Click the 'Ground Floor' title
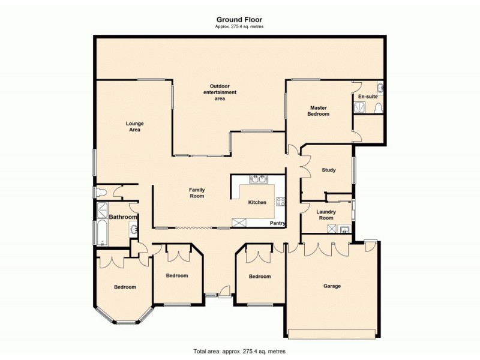[239, 19]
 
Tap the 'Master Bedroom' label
[318, 110]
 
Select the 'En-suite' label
[368, 96]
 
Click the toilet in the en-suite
[378, 107]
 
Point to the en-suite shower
[359, 107]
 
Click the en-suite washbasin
[382, 88]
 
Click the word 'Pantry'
[277, 223]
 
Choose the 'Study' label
[328, 170]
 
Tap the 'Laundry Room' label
[326, 215]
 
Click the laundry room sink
[344, 229]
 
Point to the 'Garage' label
[332, 286]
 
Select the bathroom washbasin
[133, 229]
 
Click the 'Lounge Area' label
[134, 127]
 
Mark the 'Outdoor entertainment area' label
[220, 92]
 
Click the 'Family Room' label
[197, 193]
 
